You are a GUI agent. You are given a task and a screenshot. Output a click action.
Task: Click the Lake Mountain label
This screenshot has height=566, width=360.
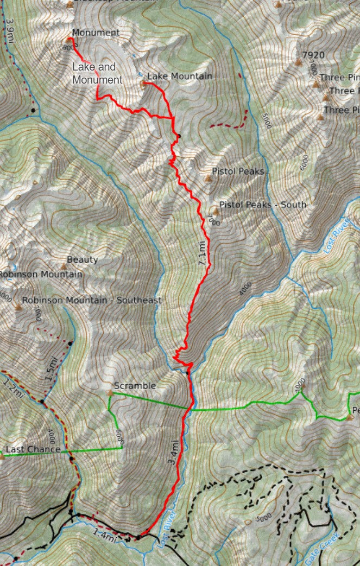(179, 77)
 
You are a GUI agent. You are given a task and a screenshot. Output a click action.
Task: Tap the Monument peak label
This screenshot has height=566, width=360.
(96, 33)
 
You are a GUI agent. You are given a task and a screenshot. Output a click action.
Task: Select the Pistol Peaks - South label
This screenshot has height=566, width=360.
(263, 205)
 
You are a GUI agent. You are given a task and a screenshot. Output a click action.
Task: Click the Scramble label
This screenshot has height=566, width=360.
(135, 386)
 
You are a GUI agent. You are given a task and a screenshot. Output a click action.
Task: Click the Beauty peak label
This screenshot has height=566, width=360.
(83, 260)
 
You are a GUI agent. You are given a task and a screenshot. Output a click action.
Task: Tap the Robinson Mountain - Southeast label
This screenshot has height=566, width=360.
(92, 301)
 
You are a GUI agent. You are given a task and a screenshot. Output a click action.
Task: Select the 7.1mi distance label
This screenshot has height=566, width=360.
(203, 255)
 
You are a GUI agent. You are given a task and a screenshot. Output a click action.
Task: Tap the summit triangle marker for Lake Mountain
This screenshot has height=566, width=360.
(143, 84)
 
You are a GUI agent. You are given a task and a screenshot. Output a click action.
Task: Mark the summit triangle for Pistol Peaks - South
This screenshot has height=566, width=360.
(216, 210)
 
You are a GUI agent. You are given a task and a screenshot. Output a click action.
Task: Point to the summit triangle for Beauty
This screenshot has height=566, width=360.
(63, 266)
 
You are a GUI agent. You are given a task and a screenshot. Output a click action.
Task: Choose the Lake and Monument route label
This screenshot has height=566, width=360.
(97, 73)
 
